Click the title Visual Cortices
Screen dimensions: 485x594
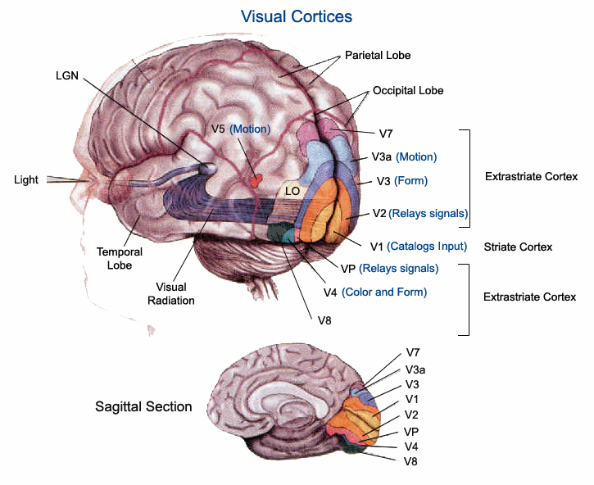(296, 16)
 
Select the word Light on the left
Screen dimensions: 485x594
(26, 179)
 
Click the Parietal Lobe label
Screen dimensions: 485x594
(378, 56)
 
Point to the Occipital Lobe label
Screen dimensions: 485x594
(408, 90)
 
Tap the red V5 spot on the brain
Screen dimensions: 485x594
(255, 179)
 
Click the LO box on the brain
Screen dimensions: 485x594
(292, 191)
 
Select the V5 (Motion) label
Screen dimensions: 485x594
(241, 129)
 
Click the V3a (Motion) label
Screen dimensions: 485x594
(404, 157)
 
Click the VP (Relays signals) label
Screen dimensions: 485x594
(388, 269)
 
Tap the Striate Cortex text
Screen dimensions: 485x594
(518, 247)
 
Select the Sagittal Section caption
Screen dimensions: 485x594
(143, 406)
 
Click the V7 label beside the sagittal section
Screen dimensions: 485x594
(414, 353)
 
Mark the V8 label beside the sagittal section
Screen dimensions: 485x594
(413, 462)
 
